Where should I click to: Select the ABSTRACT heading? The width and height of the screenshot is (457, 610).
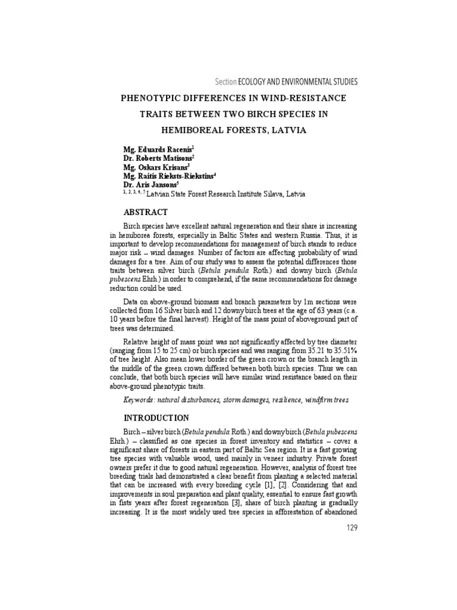click(145, 212)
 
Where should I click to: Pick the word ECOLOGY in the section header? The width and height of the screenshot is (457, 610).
click(254, 82)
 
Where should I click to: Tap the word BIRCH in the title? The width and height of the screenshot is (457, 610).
click(251, 113)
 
